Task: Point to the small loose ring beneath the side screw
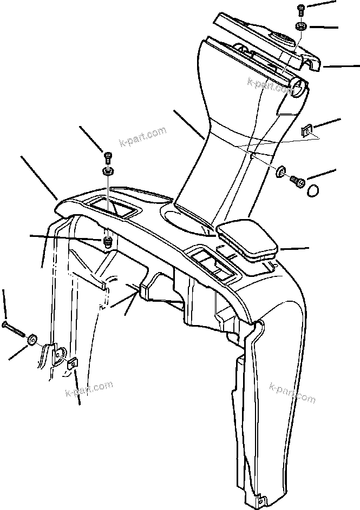click(x=312, y=191)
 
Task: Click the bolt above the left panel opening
click(x=107, y=157)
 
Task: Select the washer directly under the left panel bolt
click(x=107, y=172)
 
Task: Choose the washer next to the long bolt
click(x=32, y=340)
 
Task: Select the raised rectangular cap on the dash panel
click(x=247, y=237)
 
